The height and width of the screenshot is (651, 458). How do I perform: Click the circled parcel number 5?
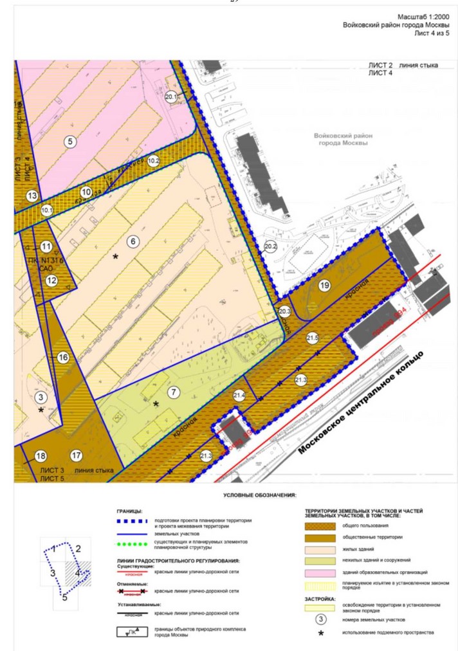point(70,142)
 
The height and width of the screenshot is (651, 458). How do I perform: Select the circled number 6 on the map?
point(133,241)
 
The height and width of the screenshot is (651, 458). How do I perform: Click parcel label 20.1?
point(171,97)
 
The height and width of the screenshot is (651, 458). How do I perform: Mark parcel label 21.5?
point(313,337)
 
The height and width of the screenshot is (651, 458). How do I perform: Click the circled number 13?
point(33,196)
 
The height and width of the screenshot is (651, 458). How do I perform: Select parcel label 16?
point(62,358)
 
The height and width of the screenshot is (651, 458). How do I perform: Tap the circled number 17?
point(77,456)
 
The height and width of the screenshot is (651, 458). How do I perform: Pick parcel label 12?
point(51,280)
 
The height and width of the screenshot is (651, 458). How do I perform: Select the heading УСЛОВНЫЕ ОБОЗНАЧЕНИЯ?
point(259,495)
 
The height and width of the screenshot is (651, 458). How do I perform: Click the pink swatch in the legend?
point(322,572)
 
